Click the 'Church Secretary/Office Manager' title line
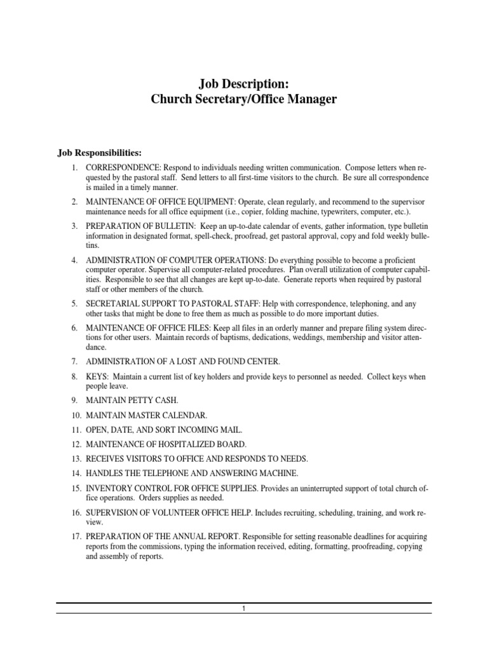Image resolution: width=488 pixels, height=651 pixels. point(243,100)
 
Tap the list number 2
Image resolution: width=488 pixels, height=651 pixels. point(74,202)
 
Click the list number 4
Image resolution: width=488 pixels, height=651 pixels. point(74,260)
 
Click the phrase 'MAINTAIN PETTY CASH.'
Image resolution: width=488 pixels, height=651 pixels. point(133,401)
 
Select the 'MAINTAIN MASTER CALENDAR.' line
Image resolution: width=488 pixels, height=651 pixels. point(147,415)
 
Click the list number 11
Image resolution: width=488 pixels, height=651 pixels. point(74,430)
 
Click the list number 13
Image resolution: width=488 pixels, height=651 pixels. point(74,458)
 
